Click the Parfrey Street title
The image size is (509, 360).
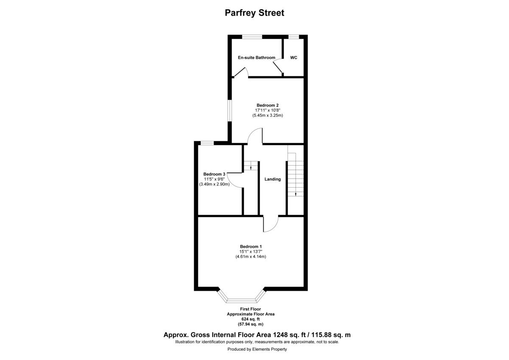tap(254, 13)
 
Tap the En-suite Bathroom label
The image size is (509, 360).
tap(256, 58)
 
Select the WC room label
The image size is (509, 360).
tap(294, 58)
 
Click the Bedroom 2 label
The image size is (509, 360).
tap(267, 105)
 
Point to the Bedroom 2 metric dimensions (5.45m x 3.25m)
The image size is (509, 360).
tap(267, 115)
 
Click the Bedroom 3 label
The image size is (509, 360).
tap(214, 174)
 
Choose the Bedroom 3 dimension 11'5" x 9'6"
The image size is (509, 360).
tap(214, 179)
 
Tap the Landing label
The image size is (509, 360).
tap(273, 179)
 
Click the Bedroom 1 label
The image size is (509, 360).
tap(251, 247)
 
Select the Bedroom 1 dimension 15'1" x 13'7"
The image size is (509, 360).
tap(251, 252)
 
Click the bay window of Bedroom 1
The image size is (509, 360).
tap(241, 298)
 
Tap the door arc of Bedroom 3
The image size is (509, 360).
tap(235, 180)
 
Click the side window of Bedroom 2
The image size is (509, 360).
tap(229, 111)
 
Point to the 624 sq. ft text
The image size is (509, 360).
tap(251, 319)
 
